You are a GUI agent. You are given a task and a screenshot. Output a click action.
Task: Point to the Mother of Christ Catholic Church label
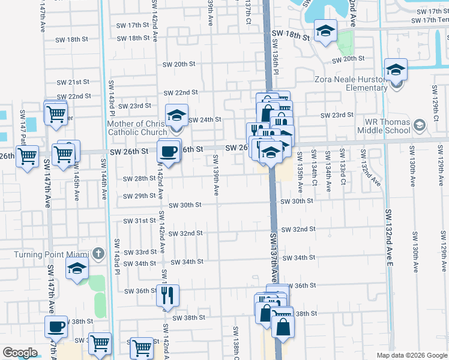[137, 128]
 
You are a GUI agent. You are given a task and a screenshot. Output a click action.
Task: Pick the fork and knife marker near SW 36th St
[167, 295]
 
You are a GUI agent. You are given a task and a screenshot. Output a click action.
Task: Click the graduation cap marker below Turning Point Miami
[77, 271]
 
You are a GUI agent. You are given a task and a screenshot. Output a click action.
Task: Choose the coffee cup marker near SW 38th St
[56, 326]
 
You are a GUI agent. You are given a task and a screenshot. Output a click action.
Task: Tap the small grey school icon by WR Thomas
[419, 125]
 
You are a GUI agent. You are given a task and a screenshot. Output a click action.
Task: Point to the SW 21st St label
[74, 82]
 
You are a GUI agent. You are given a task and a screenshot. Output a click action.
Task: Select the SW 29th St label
[139, 197]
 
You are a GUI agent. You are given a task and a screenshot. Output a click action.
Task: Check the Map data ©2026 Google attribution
[412, 355]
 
